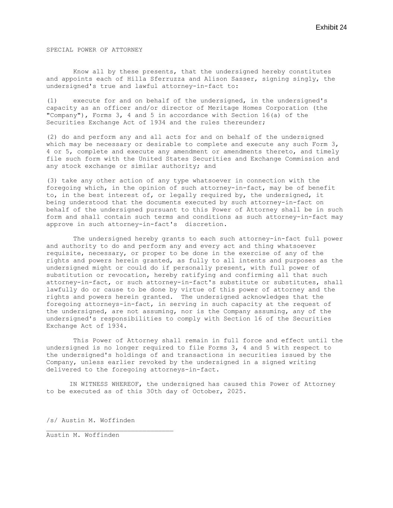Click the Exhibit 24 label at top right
pos(331,28)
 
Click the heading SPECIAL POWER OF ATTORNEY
pos(94,50)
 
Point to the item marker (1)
pos(52,101)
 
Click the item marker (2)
pos(52,137)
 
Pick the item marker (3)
pos(52,180)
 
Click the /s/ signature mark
pos(52,421)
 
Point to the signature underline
pos(110,431)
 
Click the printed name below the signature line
pos(83,435)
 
